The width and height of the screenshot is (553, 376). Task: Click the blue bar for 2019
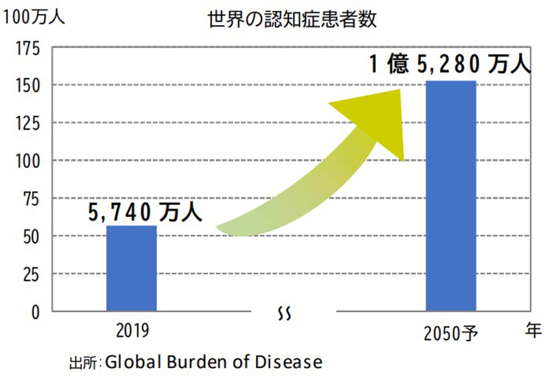[x=131, y=268]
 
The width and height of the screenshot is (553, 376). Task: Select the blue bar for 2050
[x=451, y=195]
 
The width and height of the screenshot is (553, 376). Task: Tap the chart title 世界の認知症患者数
[x=293, y=20]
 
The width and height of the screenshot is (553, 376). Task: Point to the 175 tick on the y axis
[x=27, y=49]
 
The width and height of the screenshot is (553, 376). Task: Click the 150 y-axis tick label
[x=27, y=86]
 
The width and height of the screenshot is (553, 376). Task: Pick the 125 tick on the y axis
[x=27, y=123]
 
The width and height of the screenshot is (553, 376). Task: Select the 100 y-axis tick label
[x=27, y=161]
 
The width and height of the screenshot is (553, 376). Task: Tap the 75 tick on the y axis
[x=31, y=198]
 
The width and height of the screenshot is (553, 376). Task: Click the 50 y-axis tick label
[x=31, y=236]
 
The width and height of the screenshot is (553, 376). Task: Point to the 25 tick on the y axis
[x=31, y=274]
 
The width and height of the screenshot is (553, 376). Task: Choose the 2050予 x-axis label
[x=451, y=333]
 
